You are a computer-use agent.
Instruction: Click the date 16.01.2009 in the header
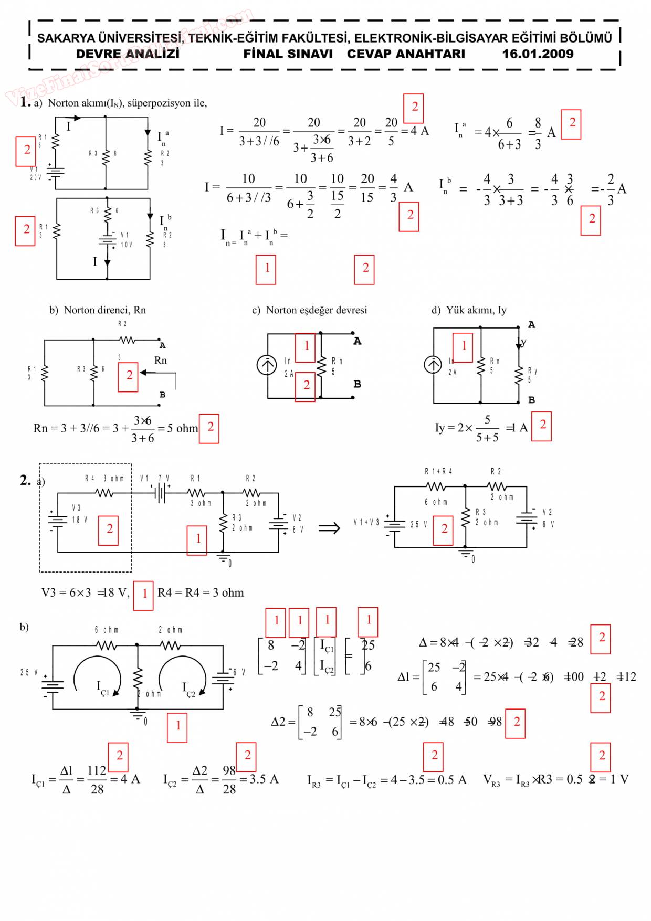pyautogui.click(x=537, y=54)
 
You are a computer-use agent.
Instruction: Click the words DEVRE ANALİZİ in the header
pyautogui.click(x=128, y=54)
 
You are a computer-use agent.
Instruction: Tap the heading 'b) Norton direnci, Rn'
pyautogui.click(x=98, y=310)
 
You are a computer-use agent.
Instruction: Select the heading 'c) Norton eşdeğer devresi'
pyautogui.click(x=310, y=310)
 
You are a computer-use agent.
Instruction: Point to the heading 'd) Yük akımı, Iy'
pyautogui.click(x=469, y=310)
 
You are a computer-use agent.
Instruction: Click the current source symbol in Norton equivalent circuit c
pyautogui.click(x=267, y=365)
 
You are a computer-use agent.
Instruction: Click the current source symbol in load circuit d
pyautogui.click(x=433, y=364)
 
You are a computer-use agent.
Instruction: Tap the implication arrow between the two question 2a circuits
pyautogui.click(x=330, y=527)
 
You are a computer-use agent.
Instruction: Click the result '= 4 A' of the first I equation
pyautogui.click(x=415, y=131)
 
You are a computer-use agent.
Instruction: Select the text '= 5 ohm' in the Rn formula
pyautogui.click(x=178, y=428)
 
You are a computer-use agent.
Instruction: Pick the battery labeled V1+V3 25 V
pyautogui.click(x=394, y=524)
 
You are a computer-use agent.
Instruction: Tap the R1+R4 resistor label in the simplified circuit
pyautogui.click(x=438, y=471)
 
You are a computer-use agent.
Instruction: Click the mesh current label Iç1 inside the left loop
pyautogui.click(x=102, y=688)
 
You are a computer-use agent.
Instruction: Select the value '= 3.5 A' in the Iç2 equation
pyautogui.click(x=259, y=779)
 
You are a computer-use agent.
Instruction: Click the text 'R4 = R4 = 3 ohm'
pyautogui.click(x=201, y=593)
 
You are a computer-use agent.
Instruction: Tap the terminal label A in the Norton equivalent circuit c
pyautogui.click(x=357, y=341)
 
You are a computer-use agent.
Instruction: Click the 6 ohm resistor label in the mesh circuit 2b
pyautogui.click(x=107, y=630)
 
